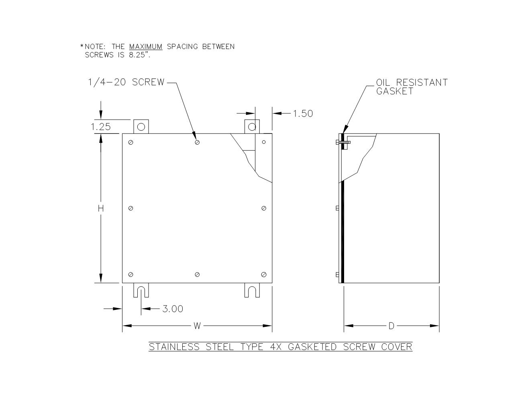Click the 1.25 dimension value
click(x=100, y=127)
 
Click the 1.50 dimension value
click(x=303, y=114)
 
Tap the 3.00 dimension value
click(x=173, y=309)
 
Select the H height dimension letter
click(x=101, y=208)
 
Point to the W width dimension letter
click(x=197, y=326)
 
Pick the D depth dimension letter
click(x=391, y=326)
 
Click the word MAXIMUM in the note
click(x=146, y=47)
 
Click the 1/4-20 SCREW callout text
click(x=126, y=82)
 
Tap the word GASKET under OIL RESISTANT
click(x=395, y=91)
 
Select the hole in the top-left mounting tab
click(x=141, y=127)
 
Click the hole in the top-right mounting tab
click(x=252, y=127)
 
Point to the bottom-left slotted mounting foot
click(x=141, y=291)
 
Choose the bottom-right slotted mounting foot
click(x=252, y=291)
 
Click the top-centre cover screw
click(x=197, y=142)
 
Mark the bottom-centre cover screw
click(x=197, y=275)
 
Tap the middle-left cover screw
click(x=131, y=208)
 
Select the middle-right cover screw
click(x=264, y=208)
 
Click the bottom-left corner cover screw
click(x=131, y=275)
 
